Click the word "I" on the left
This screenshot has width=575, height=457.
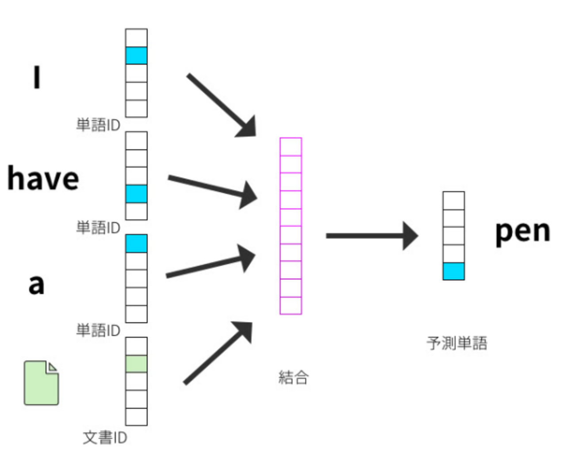(37, 77)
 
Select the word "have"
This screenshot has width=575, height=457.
(43, 179)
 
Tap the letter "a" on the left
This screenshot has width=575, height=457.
(36, 284)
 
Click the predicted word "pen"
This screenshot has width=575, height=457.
(522, 231)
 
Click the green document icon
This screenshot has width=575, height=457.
(41, 383)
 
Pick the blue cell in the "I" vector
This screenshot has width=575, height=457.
(136, 56)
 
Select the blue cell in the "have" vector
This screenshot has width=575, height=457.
(136, 194)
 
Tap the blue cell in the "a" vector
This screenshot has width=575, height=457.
(136, 244)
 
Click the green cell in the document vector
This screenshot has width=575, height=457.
(136, 364)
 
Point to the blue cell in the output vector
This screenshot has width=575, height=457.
(453, 271)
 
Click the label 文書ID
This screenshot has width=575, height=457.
(105, 438)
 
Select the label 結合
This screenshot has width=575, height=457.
(293, 377)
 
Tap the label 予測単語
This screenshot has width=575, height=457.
(457, 343)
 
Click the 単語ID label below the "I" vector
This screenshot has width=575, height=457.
(98, 125)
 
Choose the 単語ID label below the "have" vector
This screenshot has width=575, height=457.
(98, 228)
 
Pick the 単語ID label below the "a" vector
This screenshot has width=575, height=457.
(98, 330)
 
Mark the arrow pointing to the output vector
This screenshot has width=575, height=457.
(372, 236)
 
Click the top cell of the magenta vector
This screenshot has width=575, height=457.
(291, 147)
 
